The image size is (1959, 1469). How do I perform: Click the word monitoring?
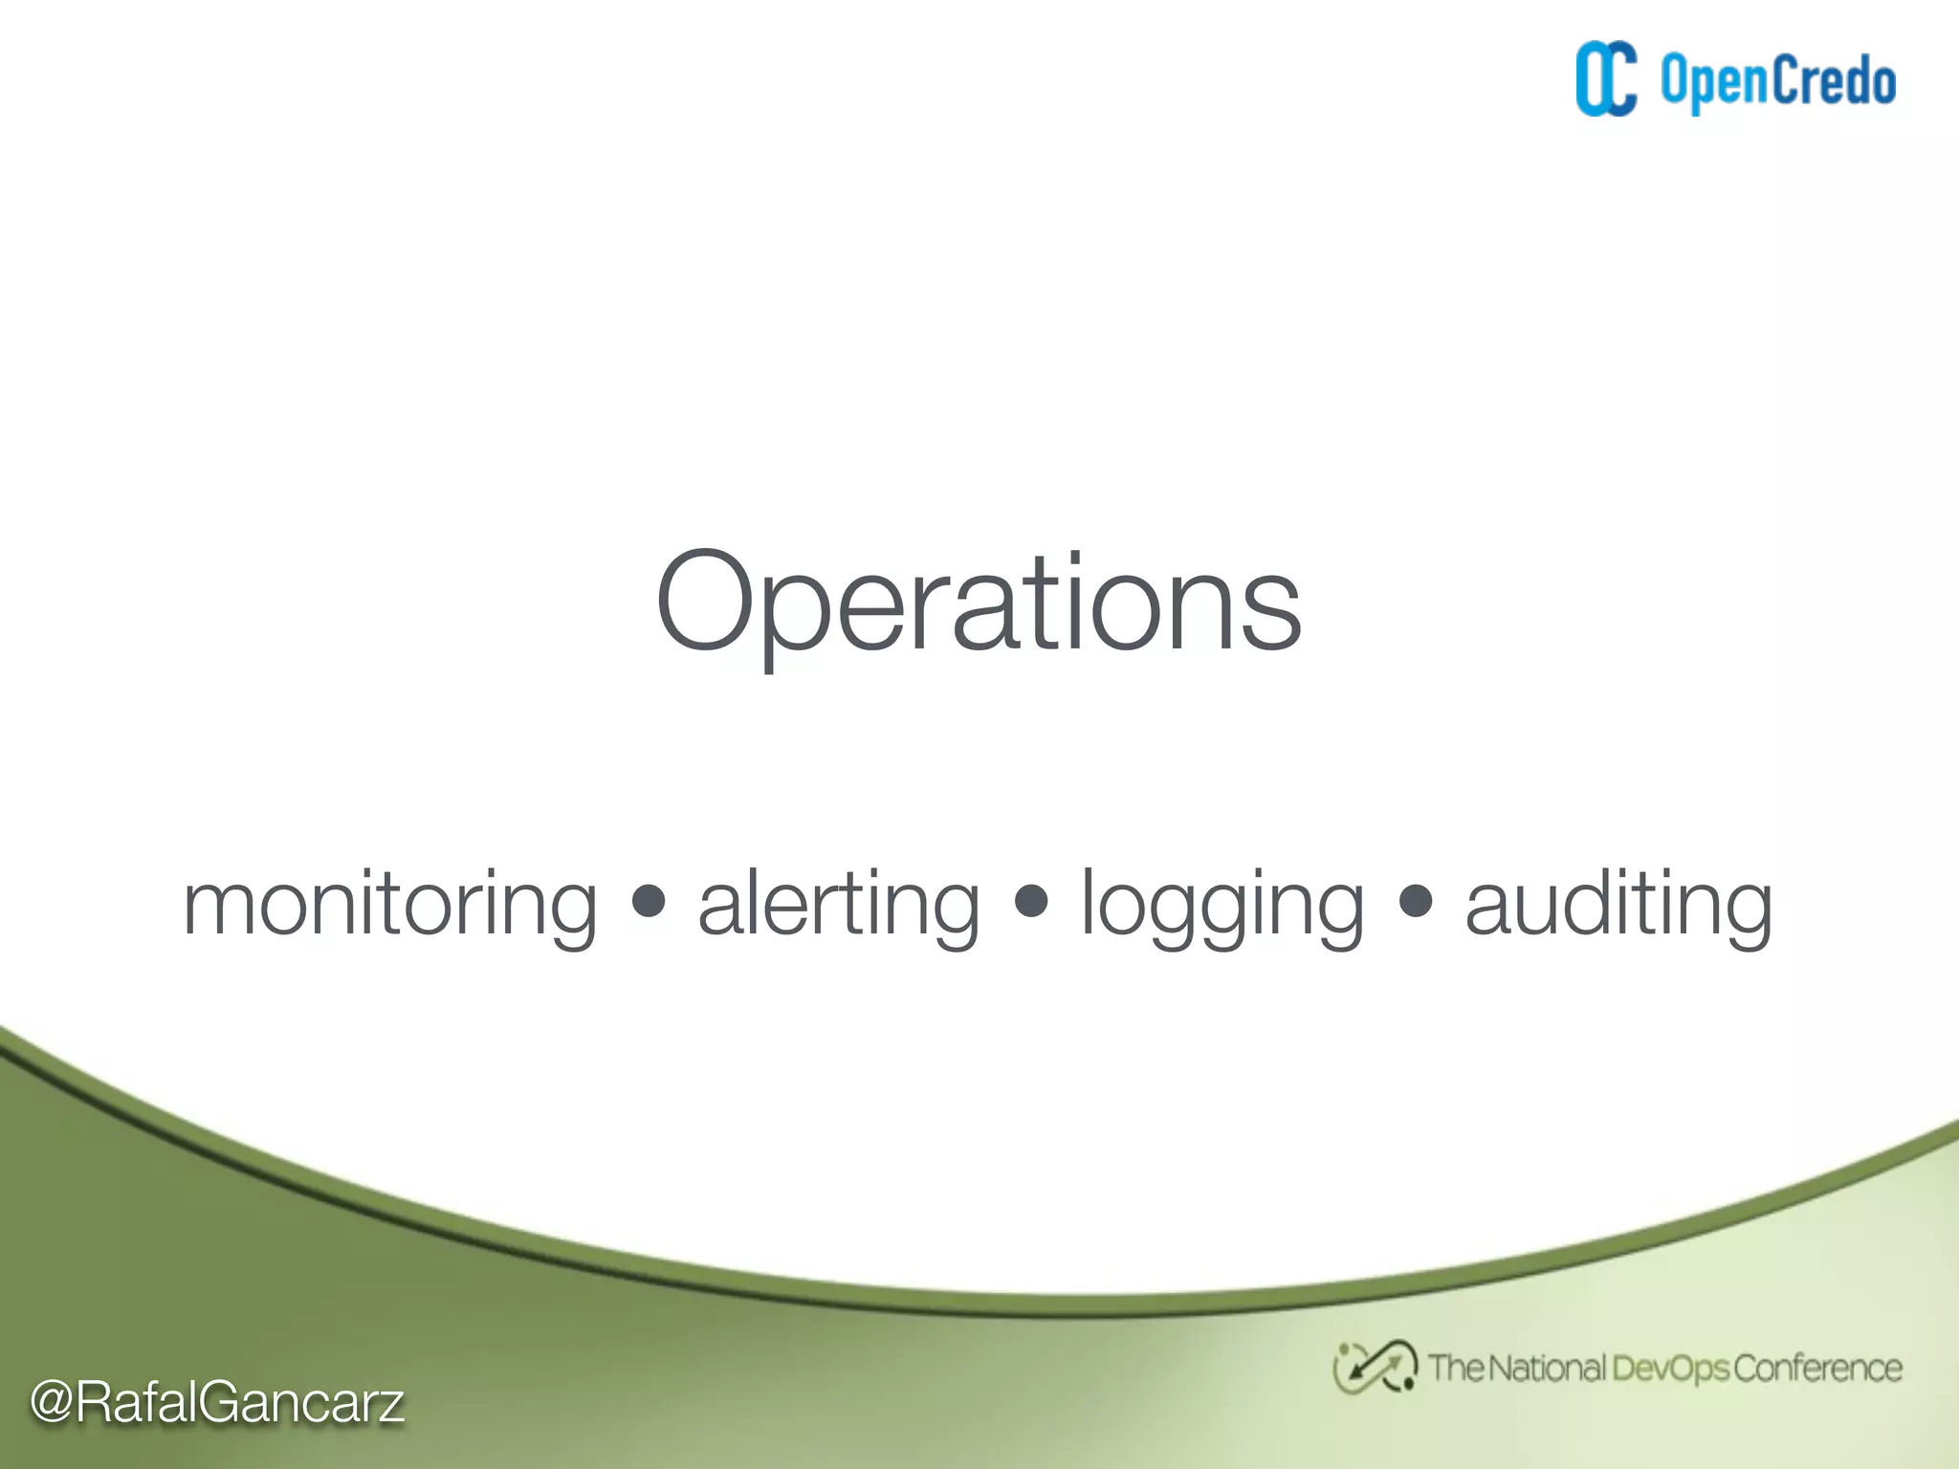click(390, 904)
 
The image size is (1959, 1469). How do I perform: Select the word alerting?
click(839, 904)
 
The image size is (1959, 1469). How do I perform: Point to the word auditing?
click(1618, 904)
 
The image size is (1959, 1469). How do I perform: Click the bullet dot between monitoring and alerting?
click(649, 901)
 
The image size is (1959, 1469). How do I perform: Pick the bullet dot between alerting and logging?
click(1031, 901)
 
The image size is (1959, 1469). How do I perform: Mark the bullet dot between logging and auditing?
click(1416, 901)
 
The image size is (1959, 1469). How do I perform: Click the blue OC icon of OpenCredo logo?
click(1606, 80)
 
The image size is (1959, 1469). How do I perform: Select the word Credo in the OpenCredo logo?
click(1834, 80)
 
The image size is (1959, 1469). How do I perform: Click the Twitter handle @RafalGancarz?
click(217, 1403)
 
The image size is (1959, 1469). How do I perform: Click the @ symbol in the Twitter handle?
click(52, 1403)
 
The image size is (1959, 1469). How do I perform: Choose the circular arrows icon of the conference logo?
click(1375, 1368)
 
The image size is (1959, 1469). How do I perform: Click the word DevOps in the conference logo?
click(1670, 1369)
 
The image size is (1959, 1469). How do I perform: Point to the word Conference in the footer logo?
click(1817, 1369)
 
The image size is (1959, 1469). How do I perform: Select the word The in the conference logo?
click(1455, 1369)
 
